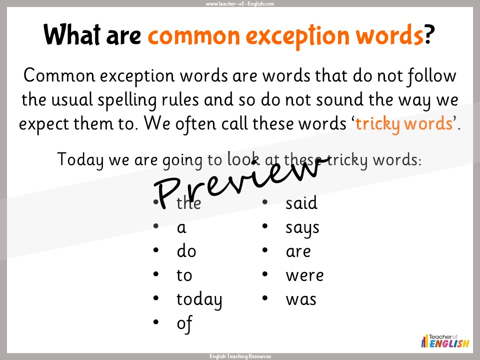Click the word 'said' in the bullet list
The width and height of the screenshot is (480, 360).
click(x=301, y=203)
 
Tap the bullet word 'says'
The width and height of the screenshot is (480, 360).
click(x=302, y=228)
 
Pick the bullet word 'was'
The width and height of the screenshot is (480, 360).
click(x=301, y=299)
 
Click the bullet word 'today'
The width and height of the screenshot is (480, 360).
click(x=199, y=300)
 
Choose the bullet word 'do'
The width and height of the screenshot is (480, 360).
click(x=186, y=251)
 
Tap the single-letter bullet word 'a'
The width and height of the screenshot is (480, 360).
click(x=181, y=228)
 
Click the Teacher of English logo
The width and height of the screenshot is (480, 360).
click(x=445, y=341)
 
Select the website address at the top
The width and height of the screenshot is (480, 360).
click(x=240, y=3)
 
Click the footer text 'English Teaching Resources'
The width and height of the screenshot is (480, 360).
click(x=240, y=356)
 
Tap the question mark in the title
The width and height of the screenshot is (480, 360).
click(x=429, y=34)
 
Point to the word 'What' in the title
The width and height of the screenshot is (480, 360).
click(x=72, y=34)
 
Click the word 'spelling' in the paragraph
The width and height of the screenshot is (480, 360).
click(x=127, y=100)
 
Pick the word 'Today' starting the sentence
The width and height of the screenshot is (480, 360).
click(x=81, y=159)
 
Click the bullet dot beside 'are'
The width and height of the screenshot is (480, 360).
click(x=265, y=250)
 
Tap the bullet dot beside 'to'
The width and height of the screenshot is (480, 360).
click(x=156, y=274)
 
